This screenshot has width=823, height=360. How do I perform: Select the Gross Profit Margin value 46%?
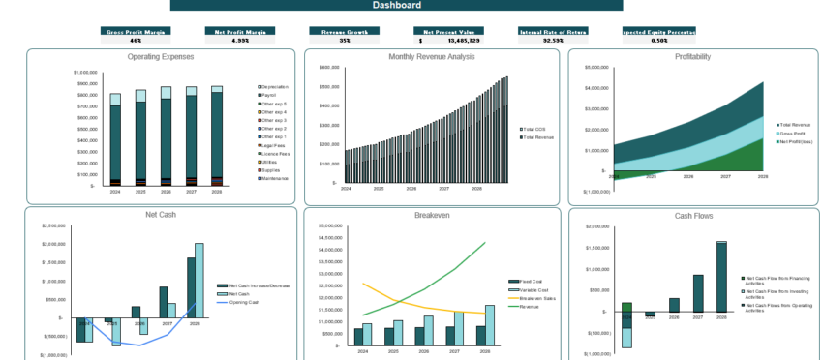(x=135, y=41)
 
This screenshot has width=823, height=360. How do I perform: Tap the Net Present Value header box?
(x=445, y=32)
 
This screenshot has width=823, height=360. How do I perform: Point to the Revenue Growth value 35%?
(x=344, y=41)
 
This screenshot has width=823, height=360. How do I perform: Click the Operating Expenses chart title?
(x=160, y=57)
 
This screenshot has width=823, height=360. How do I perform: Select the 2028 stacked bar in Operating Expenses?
(x=217, y=135)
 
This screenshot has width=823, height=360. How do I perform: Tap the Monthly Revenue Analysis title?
(x=432, y=57)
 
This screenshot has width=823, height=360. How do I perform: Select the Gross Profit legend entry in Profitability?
(x=794, y=134)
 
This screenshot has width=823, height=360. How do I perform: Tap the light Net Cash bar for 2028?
(x=198, y=281)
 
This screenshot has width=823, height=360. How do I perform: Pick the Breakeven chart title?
(x=432, y=215)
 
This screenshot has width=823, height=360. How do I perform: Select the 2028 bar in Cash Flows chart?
(x=721, y=277)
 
